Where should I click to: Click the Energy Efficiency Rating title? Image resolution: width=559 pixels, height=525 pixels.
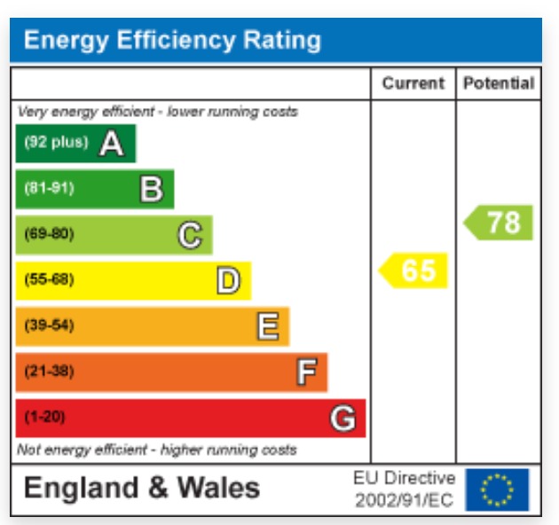[172, 40]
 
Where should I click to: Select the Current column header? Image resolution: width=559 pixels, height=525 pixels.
[413, 83]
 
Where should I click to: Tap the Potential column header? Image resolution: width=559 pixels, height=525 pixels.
[499, 83]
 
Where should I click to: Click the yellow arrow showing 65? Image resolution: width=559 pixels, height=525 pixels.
[414, 270]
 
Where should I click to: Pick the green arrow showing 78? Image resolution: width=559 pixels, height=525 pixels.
[500, 223]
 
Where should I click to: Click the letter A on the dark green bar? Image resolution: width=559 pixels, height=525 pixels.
[111, 143]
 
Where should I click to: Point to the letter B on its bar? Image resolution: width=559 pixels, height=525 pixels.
[152, 189]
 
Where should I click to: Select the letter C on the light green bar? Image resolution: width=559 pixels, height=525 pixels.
[190, 235]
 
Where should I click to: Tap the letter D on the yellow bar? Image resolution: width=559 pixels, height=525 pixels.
[228, 281]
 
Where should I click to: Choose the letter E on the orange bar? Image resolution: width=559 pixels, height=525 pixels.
[267, 327]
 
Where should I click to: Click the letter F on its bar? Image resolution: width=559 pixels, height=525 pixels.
[305, 372]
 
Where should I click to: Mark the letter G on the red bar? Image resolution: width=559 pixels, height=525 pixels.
[343, 418]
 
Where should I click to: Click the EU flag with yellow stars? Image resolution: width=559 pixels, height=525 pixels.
[497, 489]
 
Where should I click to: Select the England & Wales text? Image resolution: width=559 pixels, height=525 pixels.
[142, 488]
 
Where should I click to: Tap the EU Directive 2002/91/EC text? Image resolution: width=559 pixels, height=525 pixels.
[405, 490]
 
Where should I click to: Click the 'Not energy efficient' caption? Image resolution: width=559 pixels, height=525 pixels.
[156, 451]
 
